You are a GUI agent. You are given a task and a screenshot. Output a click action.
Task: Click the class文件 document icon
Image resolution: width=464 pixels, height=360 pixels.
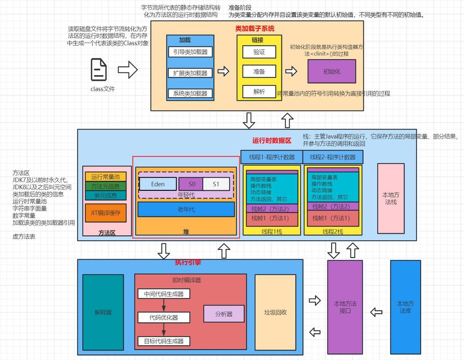(x=99, y=70)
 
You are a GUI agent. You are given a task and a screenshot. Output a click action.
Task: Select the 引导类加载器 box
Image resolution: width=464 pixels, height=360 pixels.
(x=190, y=52)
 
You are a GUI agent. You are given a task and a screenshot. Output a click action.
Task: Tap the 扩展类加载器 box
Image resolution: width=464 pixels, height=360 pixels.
(x=190, y=73)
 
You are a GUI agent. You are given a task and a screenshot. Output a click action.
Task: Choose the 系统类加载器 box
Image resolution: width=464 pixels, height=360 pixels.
(x=190, y=94)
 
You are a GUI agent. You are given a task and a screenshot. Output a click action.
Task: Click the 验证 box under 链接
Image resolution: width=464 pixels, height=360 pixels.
(x=259, y=52)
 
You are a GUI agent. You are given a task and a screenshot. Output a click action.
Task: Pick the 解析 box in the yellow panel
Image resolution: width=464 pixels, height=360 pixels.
(x=259, y=92)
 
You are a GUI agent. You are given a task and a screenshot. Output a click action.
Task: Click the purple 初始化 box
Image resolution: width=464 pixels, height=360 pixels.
(x=332, y=71)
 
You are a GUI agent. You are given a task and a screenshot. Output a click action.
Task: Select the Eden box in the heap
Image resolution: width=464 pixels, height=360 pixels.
(x=158, y=184)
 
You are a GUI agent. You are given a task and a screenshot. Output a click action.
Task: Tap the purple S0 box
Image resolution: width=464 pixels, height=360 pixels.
(x=192, y=184)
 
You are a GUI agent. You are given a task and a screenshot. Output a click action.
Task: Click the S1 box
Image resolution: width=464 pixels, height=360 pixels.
(x=216, y=184)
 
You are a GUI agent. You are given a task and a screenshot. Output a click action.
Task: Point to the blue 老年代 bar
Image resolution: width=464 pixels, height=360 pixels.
(x=186, y=209)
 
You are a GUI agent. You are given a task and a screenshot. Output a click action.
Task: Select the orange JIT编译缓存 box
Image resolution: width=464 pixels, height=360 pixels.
(x=106, y=213)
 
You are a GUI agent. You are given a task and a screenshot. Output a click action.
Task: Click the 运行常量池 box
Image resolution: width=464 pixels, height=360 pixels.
(x=106, y=176)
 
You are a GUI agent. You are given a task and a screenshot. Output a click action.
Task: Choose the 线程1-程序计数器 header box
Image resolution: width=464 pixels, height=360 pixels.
(x=272, y=157)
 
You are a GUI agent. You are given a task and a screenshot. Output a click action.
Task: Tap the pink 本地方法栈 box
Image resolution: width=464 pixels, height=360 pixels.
(x=391, y=198)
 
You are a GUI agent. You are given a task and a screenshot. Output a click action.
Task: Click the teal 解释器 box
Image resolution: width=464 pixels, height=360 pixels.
(x=103, y=312)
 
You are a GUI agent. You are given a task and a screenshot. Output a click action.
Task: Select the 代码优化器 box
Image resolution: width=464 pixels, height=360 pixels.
(x=164, y=317)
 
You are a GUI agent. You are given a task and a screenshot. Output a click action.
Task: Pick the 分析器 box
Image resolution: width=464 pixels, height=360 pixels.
(x=224, y=314)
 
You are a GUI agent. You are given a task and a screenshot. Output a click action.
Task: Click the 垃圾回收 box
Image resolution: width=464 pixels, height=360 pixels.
(x=275, y=312)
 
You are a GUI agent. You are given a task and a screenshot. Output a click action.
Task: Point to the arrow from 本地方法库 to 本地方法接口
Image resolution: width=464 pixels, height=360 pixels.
(x=376, y=312)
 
